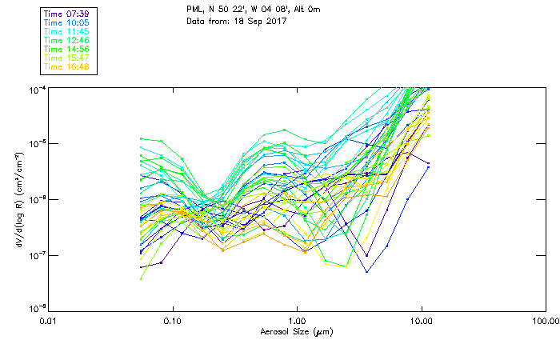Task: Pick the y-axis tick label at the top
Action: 37,89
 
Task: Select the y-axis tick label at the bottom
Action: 37,309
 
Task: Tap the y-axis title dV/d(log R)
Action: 15,198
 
